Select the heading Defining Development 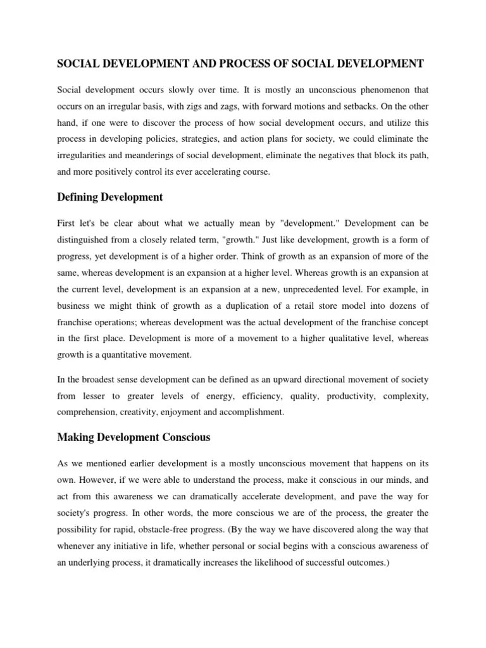tap(109, 197)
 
